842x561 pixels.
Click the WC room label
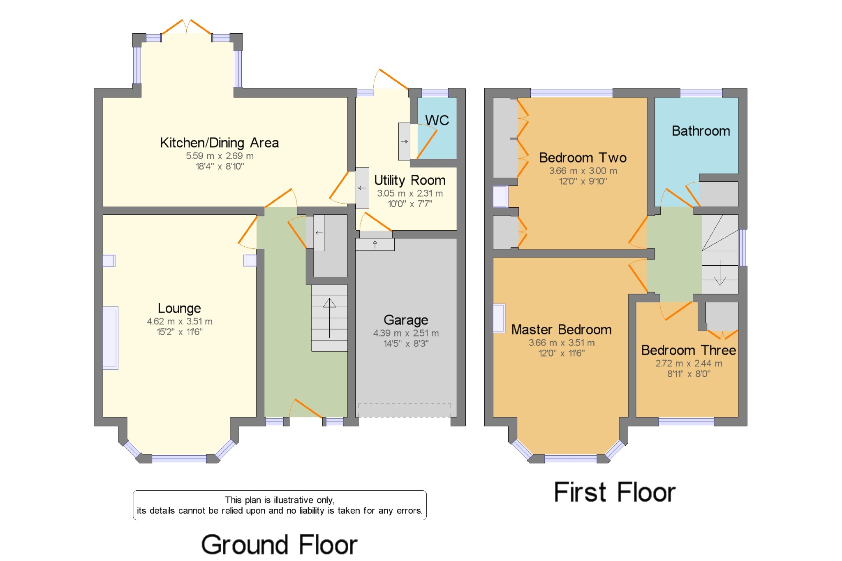tap(437, 121)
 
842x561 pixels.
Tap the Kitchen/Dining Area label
tap(219, 143)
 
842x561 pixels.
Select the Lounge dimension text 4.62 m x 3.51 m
tap(180, 321)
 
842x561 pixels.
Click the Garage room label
tap(406, 320)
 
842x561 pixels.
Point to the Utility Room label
tap(409, 180)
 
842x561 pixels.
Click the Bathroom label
tap(701, 131)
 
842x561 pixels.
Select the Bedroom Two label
tap(583, 158)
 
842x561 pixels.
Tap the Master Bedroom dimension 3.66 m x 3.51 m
tap(561, 343)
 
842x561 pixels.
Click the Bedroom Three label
tap(688, 350)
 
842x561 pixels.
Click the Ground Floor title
tap(279, 545)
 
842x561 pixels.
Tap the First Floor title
tap(615, 492)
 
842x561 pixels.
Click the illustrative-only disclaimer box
tap(280, 505)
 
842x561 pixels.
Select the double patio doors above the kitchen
tap(187, 27)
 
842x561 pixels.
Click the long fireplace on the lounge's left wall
tap(110, 338)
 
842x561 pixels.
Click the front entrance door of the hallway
tap(306, 409)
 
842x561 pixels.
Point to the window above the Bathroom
tap(701, 93)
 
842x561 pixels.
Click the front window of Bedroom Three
tap(686, 421)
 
